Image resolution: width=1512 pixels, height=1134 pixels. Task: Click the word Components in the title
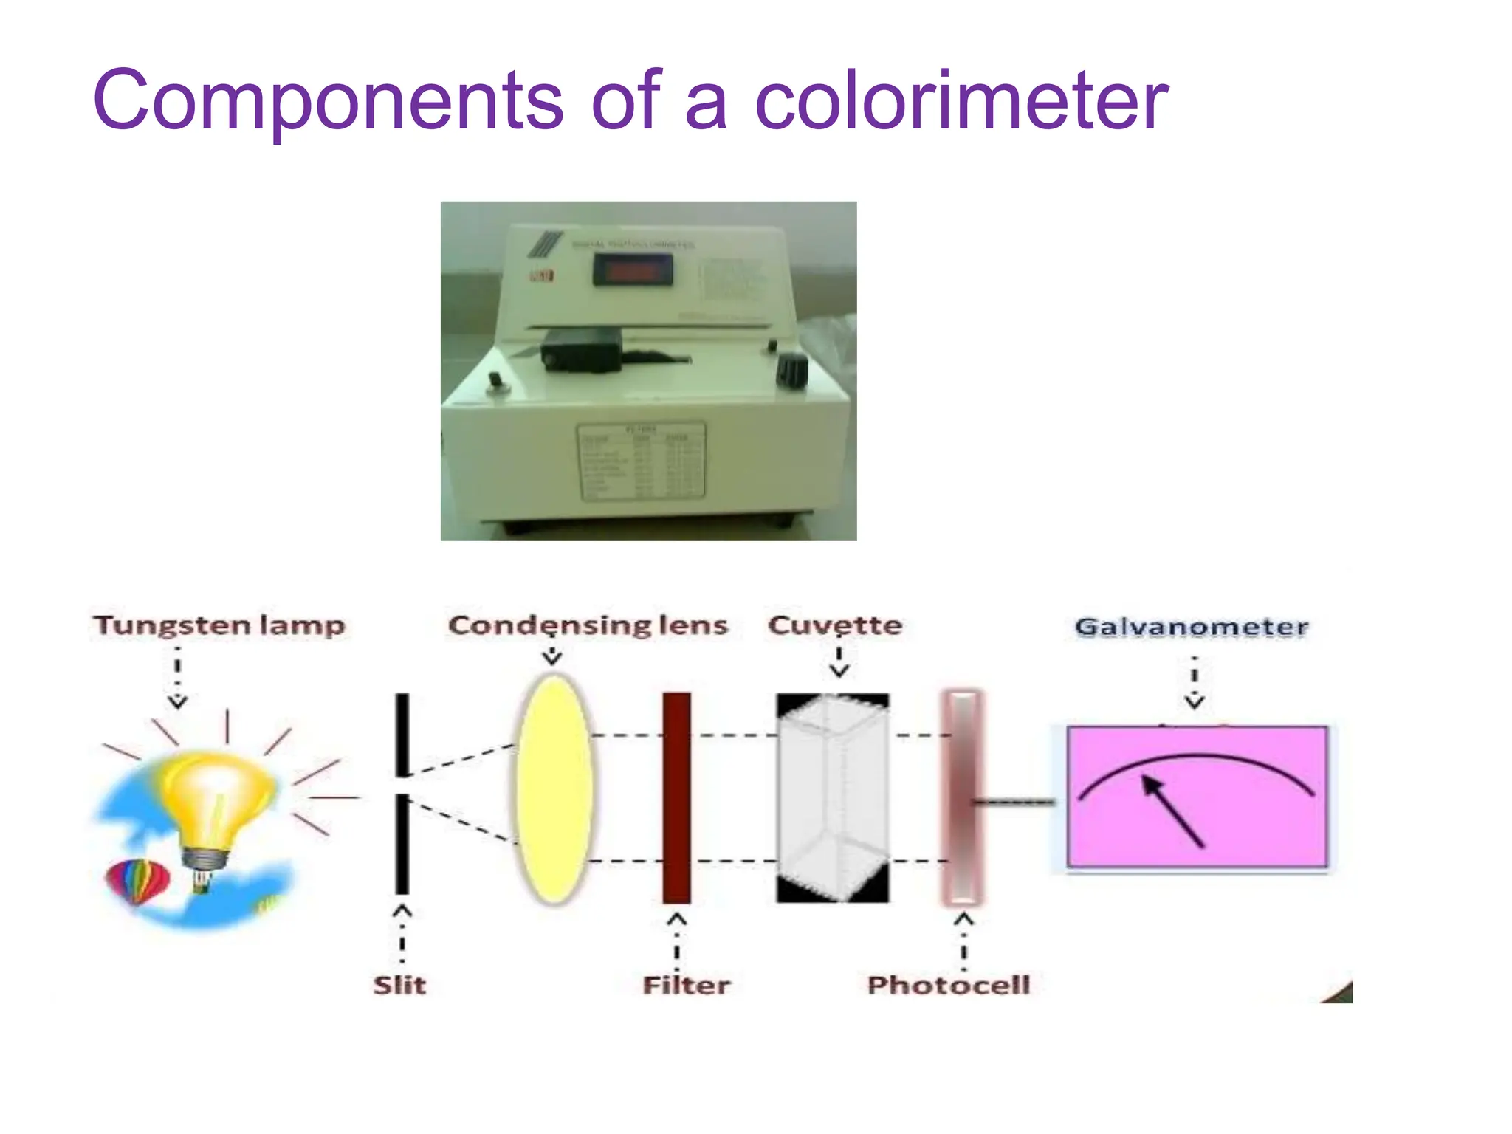tap(328, 101)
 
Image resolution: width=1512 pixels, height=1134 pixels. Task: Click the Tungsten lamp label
tap(219, 625)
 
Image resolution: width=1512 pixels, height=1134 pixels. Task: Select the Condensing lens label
tap(588, 625)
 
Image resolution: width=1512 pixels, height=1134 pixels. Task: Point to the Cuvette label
tap(834, 625)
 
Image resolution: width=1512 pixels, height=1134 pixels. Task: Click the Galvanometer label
tap(1192, 627)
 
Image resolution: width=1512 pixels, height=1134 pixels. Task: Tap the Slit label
tap(399, 985)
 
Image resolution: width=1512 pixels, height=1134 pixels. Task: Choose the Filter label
tap(686, 985)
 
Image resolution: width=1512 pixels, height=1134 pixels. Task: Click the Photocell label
tap(949, 985)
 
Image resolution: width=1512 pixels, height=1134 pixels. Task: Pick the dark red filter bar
tap(676, 797)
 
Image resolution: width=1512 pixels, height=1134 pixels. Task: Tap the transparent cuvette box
tap(833, 797)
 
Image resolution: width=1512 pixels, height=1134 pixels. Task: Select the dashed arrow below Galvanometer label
tap(1195, 682)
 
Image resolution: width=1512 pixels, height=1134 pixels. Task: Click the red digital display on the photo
tap(633, 271)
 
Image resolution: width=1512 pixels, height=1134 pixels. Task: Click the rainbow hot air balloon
tap(138, 883)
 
